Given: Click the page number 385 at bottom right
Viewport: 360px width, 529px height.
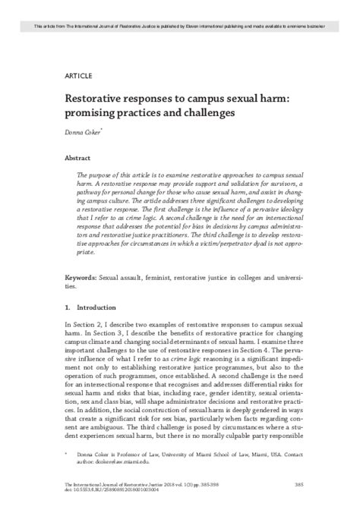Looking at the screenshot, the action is pos(298,503).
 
